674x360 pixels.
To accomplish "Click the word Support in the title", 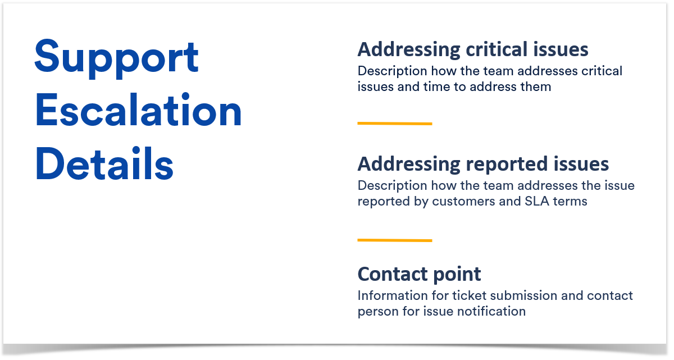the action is [x=116, y=58].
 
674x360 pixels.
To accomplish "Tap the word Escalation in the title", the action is [x=138, y=110].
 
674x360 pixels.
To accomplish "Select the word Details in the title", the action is [x=104, y=163].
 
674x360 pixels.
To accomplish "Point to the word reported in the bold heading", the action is [x=507, y=165].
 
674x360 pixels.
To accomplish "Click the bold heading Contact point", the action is [x=419, y=275].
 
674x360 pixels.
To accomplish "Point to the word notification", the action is [x=491, y=311].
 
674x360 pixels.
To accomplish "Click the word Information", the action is [x=393, y=295].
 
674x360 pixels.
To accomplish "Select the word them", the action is [x=536, y=86].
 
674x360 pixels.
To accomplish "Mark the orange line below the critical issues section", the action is [x=395, y=124].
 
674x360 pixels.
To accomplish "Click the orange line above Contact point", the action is [x=395, y=240].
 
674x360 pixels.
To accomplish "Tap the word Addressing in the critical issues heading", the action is [x=409, y=49].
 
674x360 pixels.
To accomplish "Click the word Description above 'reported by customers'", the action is [x=393, y=186].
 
